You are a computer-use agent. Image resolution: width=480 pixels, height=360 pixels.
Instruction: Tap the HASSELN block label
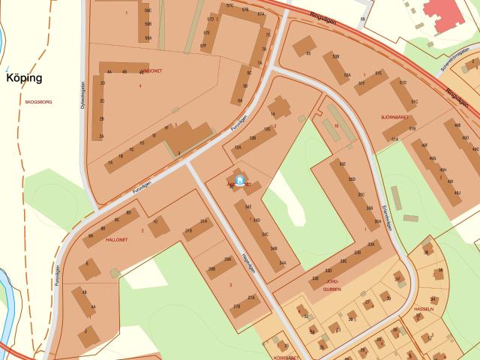pos(424,308)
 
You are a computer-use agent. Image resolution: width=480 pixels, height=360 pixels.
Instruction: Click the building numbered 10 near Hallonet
pos(157,225)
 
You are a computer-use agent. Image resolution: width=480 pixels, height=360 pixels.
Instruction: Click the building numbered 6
pos(90,267)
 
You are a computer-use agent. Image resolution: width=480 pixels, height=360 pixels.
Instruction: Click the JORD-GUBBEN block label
pos(331,285)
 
